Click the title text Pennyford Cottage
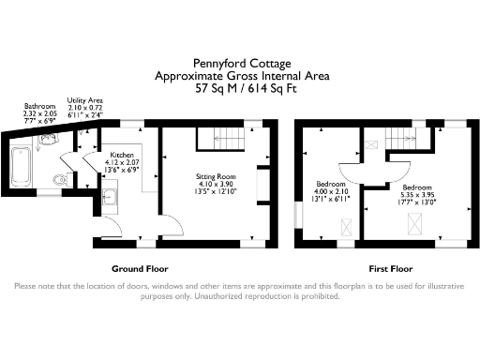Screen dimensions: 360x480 click(239, 64)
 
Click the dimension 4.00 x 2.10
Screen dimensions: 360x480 click(330, 193)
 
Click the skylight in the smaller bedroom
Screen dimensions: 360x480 click(346, 225)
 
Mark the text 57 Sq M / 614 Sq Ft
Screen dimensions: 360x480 click(240, 90)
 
